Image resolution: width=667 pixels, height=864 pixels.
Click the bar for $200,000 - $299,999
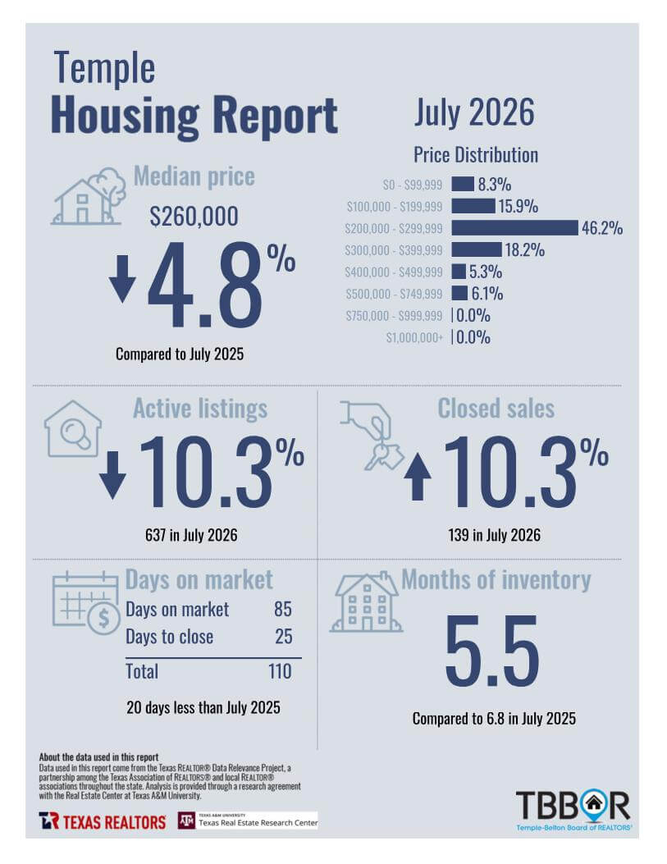[x=514, y=228]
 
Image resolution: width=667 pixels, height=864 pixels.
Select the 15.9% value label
[x=518, y=207]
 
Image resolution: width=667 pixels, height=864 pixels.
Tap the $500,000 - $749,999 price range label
[x=394, y=295]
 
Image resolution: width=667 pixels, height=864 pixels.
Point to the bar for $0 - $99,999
[x=463, y=184]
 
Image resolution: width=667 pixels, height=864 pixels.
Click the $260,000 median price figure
[x=194, y=216]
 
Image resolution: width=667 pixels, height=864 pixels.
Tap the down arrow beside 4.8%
[x=122, y=278]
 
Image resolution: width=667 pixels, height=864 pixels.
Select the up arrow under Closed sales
[x=418, y=477]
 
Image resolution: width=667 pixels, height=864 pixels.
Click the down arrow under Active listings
[x=112, y=475]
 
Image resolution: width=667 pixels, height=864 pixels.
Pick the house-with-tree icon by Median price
[x=89, y=196]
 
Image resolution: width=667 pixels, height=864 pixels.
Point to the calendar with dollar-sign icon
[x=86, y=603]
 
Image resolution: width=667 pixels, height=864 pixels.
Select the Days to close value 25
[x=284, y=637]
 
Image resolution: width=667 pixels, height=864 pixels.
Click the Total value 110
[x=280, y=671]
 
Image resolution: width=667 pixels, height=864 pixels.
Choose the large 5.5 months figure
[x=492, y=651]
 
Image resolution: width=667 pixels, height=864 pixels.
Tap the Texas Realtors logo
[x=103, y=821]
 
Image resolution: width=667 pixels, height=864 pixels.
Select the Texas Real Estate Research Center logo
[x=248, y=821]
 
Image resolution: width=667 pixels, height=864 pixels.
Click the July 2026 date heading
[x=474, y=113]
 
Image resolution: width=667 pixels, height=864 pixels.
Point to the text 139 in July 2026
[x=494, y=535]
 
